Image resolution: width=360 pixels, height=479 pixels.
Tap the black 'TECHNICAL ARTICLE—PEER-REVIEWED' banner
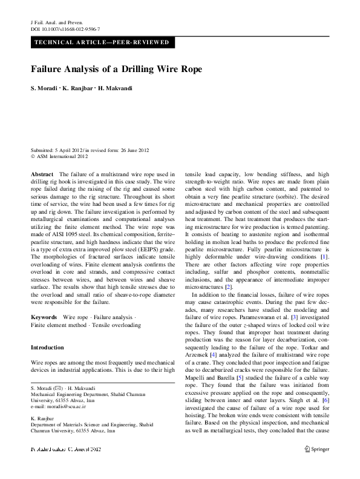click(x=103, y=43)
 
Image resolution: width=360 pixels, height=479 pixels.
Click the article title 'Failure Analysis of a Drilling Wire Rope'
click(x=116, y=69)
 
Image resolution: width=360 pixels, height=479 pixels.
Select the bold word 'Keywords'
click(x=43, y=317)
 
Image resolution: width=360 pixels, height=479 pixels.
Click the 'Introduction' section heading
click(x=47, y=348)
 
